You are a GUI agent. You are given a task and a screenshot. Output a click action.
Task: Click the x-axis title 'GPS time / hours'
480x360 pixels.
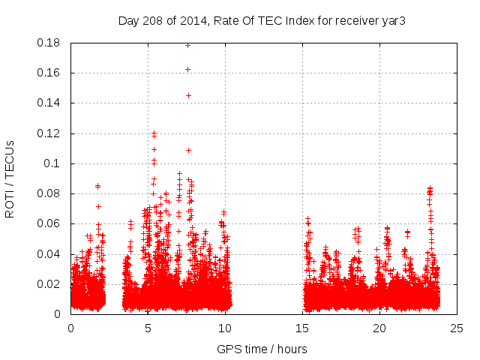tap(262, 349)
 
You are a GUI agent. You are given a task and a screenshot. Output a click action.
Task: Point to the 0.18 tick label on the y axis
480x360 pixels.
tap(49, 43)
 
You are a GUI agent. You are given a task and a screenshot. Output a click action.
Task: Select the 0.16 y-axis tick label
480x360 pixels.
tap(49, 73)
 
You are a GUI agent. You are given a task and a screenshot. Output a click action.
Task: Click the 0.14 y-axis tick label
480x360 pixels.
tap(49, 103)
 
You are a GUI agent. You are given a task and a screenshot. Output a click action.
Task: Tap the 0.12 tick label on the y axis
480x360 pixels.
tap(49, 133)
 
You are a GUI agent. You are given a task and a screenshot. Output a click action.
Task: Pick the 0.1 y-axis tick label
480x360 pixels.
tap(54, 163)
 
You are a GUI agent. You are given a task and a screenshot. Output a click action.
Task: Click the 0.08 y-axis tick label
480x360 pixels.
tap(49, 193)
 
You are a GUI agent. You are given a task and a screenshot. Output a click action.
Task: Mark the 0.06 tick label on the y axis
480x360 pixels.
tap(49, 223)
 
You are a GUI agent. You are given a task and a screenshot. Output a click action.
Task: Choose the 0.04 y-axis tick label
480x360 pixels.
tap(49, 254)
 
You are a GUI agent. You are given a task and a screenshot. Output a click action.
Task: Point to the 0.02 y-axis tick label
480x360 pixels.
tap(49, 284)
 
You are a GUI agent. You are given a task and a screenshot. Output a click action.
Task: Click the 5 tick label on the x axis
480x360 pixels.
tap(148, 328)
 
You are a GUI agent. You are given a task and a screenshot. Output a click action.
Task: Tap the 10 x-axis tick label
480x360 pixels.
tap(225, 328)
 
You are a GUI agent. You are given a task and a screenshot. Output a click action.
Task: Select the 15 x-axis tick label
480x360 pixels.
tap(302, 328)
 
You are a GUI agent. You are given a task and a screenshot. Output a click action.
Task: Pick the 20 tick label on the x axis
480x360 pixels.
tap(379, 328)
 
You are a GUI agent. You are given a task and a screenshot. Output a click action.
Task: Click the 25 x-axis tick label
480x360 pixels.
tap(457, 328)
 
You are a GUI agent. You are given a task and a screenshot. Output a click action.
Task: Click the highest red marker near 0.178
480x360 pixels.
tap(187, 45)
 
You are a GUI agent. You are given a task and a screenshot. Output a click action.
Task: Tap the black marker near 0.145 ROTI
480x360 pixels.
tap(188, 95)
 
